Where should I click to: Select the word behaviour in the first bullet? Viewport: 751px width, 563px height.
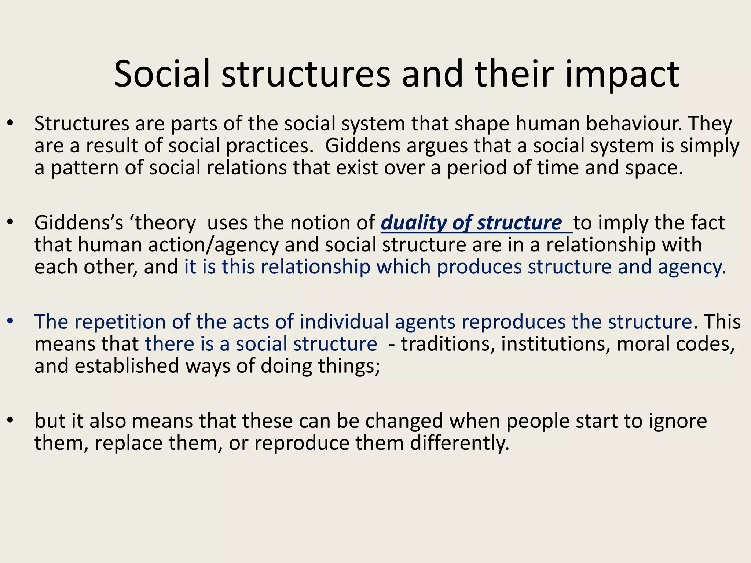634,124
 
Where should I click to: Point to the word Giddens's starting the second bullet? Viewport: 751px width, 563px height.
78,223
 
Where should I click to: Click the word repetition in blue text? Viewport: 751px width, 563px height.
121,322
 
